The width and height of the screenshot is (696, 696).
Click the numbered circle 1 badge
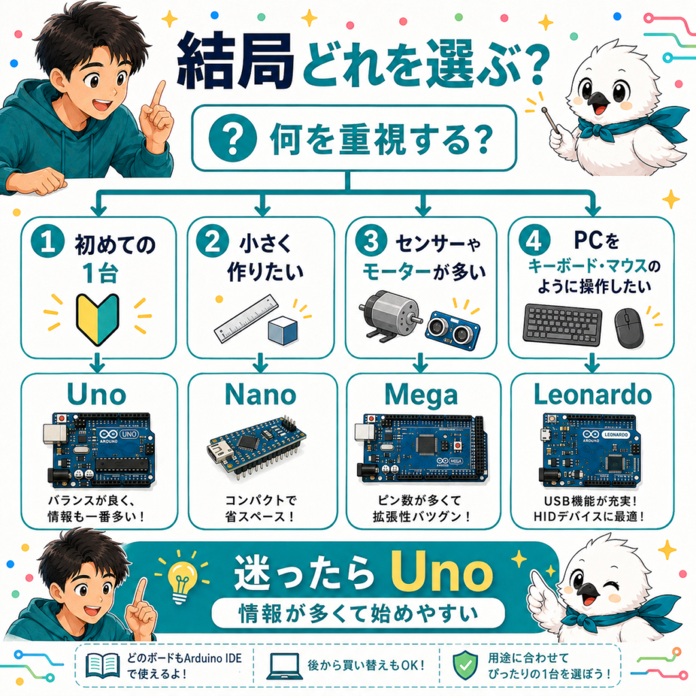(47, 242)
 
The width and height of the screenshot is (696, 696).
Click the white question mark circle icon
(232, 138)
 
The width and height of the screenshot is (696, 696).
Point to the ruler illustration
(246, 319)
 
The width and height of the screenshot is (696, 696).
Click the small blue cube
(283, 331)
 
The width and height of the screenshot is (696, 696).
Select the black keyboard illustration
(562, 324)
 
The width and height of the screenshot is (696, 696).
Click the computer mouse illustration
(629, 328)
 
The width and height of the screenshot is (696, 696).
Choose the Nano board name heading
(260, 394)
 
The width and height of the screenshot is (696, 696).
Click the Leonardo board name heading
(593, 394)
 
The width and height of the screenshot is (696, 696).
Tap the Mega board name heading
(421, 395)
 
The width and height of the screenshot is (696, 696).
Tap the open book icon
(103, 665)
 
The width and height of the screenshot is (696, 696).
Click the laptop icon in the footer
(285, 666)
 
